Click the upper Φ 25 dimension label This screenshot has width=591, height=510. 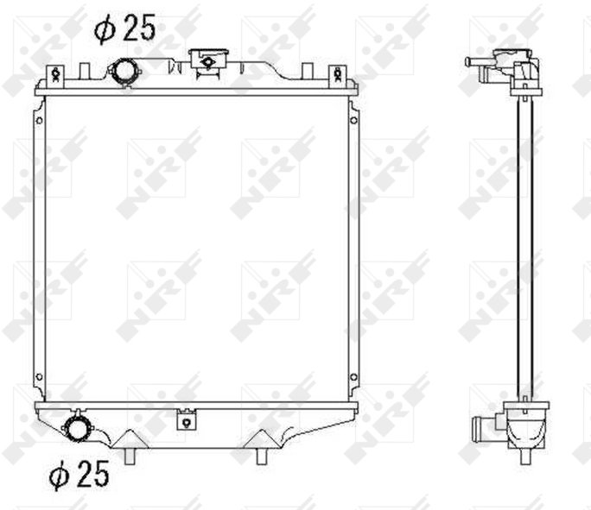coord(124,28)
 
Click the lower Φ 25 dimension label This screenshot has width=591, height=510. coord(79,473)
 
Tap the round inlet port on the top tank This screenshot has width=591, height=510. coord(124,72)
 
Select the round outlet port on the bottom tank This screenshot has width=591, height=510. coord(77,426)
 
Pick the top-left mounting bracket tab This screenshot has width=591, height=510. coord(56,76)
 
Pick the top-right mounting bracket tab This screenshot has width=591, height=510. coord(338,76)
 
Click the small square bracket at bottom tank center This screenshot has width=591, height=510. coord(186,419)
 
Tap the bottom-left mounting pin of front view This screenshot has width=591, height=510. coord(130,456)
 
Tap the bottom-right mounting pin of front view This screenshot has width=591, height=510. coord(261,456)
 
